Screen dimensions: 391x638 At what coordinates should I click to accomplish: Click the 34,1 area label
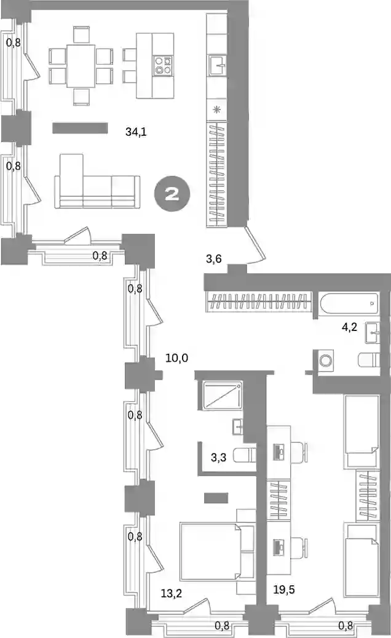tap(136, 132)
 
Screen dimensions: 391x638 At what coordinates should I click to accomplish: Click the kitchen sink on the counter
tap(218, 65)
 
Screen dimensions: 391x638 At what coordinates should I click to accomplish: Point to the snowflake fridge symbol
tap(217, 109)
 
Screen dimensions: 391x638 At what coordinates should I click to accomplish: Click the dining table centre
tap(81, 66)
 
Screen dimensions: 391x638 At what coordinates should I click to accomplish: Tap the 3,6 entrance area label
tap(214, 258)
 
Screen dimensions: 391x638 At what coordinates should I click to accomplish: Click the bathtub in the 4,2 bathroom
tap(349, 303)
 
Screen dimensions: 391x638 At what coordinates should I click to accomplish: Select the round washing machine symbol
tap(325, 361)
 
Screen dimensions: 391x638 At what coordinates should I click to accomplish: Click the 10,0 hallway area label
tap(177, 359)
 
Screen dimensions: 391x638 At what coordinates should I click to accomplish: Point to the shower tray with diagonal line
tap(219, 396)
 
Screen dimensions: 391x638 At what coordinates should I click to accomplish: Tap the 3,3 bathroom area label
tap(219, 458)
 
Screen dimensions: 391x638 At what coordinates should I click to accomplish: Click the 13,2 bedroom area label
tap(171, 594)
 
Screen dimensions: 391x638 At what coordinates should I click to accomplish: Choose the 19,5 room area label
tap(284, 589)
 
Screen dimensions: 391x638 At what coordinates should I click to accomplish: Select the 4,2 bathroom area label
tap(349, 327)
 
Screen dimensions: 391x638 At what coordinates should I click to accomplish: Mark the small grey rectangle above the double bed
tap(216, 498)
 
